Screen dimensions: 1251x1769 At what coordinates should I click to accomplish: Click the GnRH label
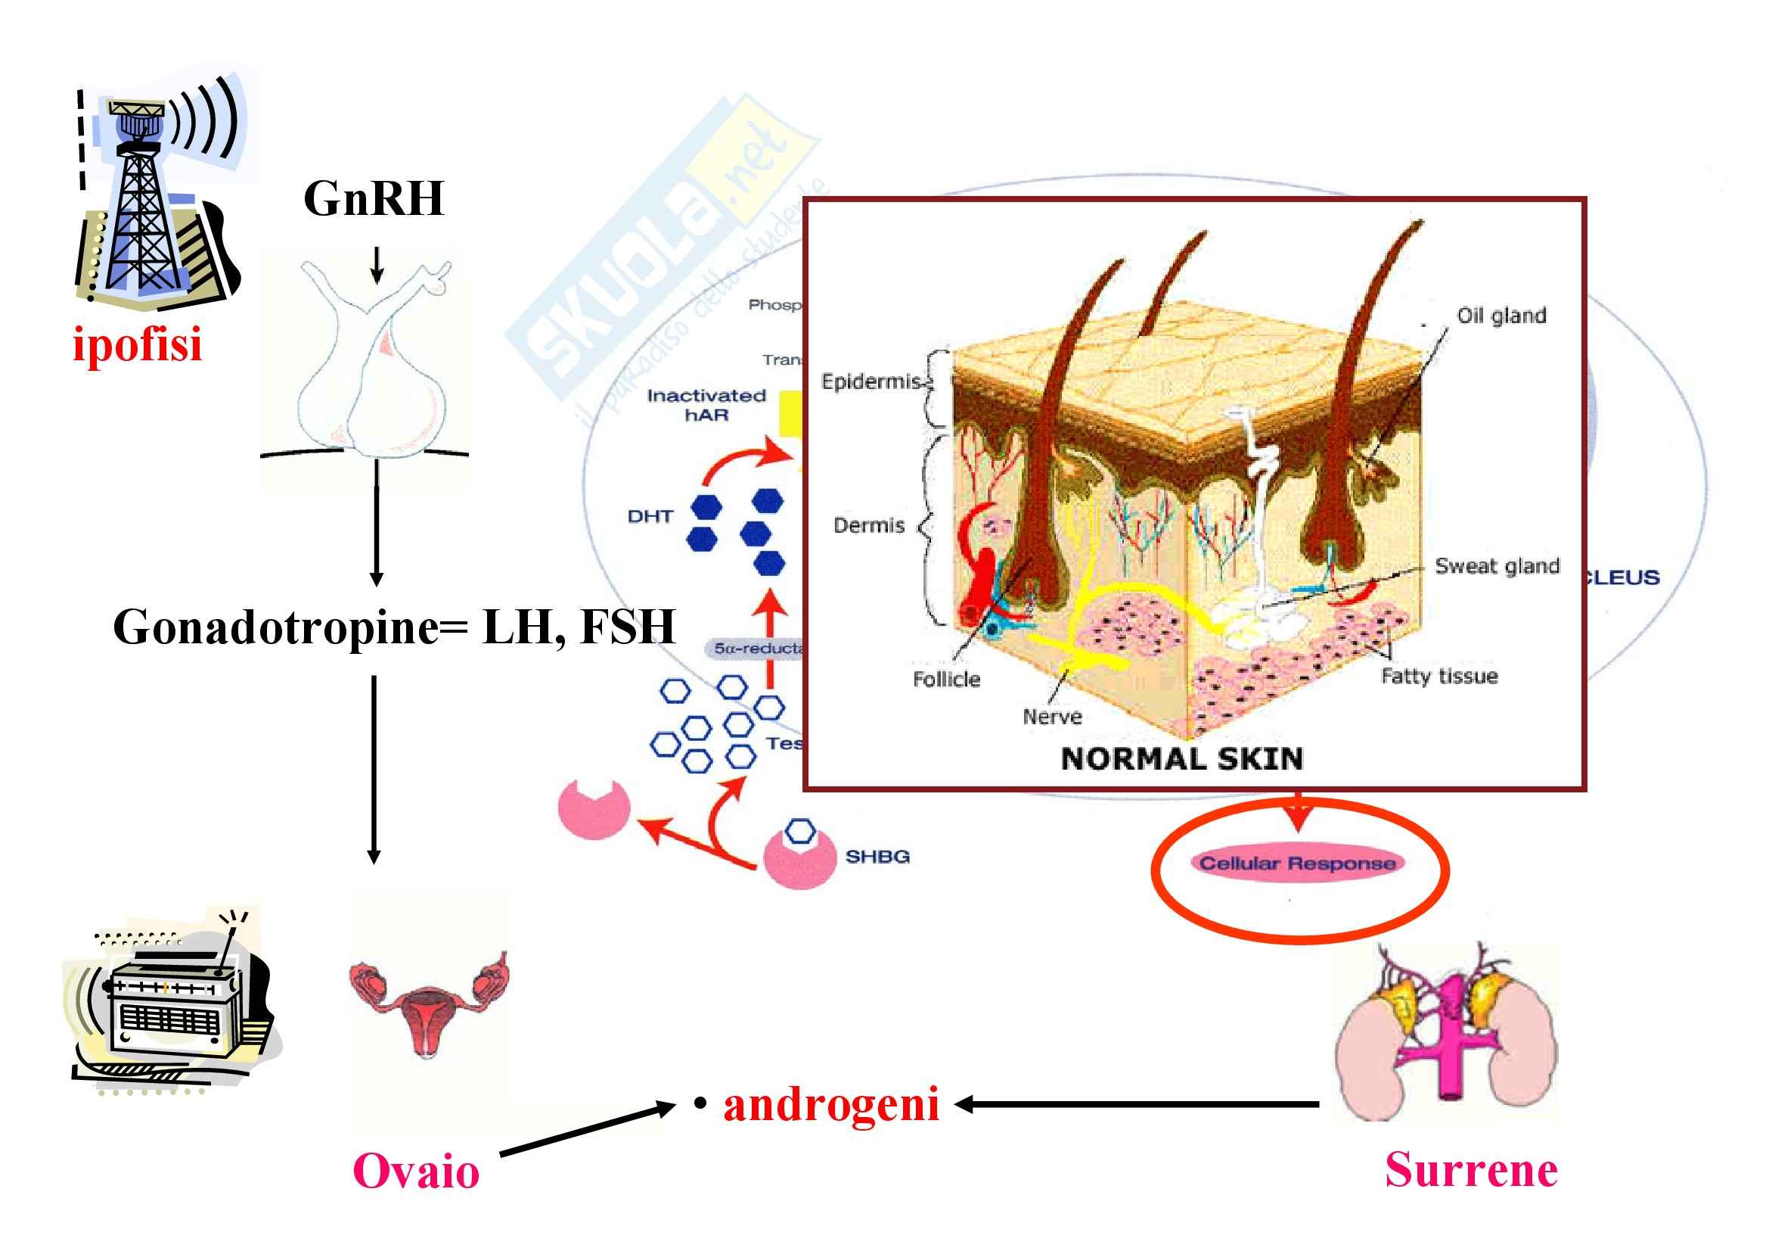(x=374, y=199)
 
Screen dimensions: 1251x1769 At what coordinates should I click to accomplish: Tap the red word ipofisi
(x=137, y=344)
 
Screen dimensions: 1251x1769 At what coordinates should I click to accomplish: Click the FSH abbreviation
(x=628, y=627)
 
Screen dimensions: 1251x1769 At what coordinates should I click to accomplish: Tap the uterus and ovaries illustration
(x=428, y=1002)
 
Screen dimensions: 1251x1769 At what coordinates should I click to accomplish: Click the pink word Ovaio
(x=416, y=1172)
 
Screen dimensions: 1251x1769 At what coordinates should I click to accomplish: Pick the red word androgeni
(x=831, y=1104)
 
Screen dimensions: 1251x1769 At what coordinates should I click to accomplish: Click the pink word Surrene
(x=1471, y=1170)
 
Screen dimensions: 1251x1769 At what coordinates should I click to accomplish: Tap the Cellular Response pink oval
(x=1298, y=864)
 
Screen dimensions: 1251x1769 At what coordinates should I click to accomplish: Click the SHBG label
(x=877, y=857)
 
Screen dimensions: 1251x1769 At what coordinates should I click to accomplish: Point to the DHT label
(x=650, y=516)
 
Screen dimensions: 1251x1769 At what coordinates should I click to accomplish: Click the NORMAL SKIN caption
(x=1182, y=759)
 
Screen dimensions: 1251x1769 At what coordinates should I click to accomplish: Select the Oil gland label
(x=1501, y=316)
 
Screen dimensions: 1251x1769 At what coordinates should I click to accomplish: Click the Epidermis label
(x=871, y=381)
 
